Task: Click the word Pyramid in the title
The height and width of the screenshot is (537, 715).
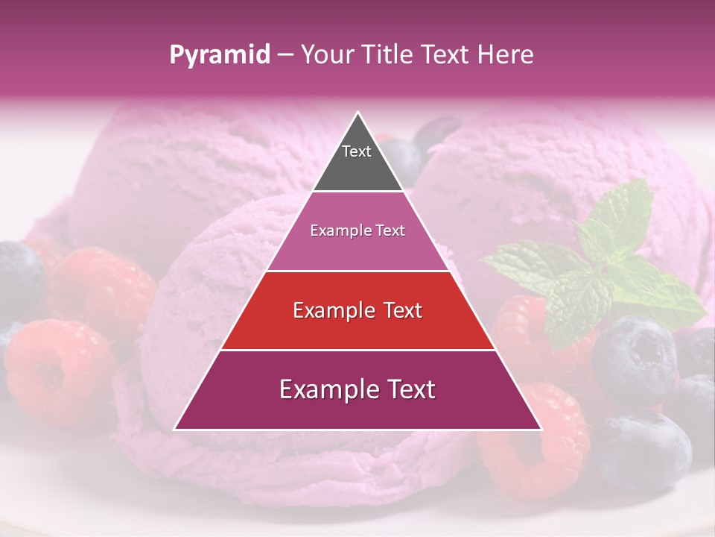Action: coord(219,55)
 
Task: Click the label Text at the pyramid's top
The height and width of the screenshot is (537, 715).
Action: coord(357,151)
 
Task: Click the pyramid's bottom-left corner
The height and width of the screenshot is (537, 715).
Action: coord(176,429)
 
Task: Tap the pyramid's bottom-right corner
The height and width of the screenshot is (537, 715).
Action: coord(540,429)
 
